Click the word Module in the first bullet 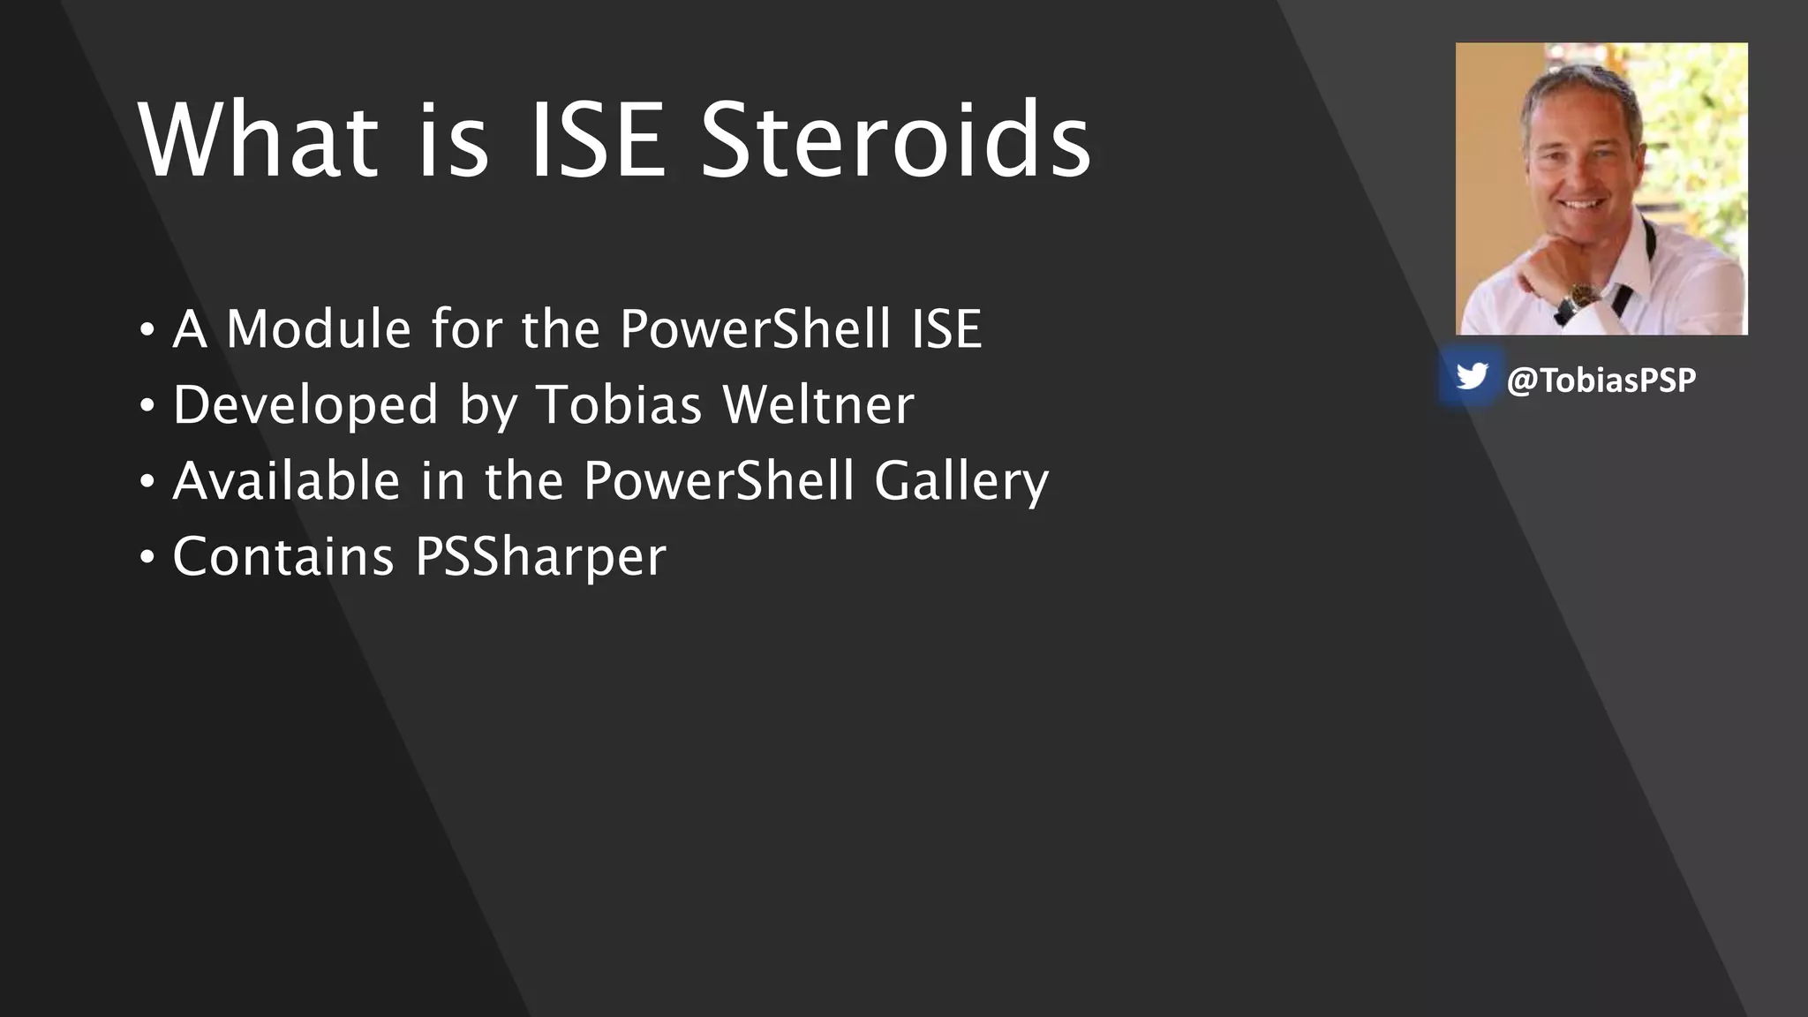[x=319, y=329]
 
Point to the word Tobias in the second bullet [x=618, y=405]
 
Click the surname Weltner [x=817, y=405]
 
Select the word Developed [x=305, y=405]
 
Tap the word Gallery [x=960, y=482]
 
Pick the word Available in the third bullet [x=287, y=482]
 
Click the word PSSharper [x=540, y=557]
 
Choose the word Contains [x=283, y=557]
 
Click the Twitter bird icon [x=1471, y=377]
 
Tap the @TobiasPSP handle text [x=1601, y=380]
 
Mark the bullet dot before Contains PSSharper [x=147, y=558]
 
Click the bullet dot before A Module [x=147, y=330]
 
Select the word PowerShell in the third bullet [x=719, y=482]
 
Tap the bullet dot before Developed [x=147, y=406]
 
